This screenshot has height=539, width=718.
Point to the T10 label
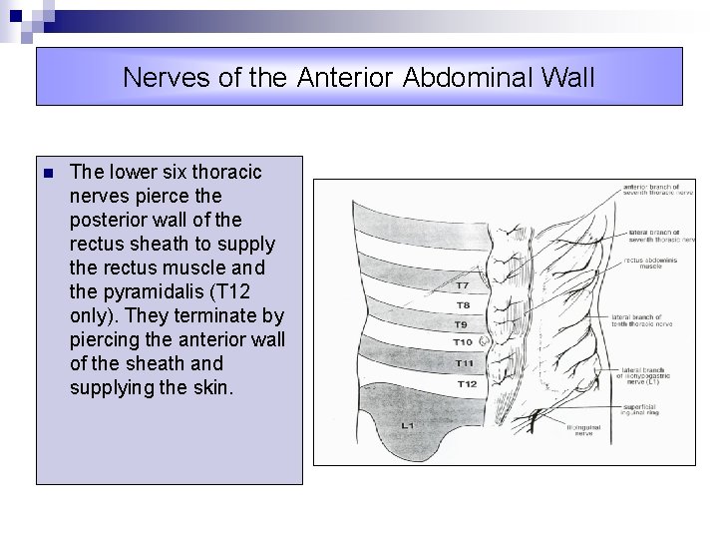pos(464,342)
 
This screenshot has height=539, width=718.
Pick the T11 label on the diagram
pos(465,363)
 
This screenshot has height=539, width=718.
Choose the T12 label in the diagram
pos(466,383)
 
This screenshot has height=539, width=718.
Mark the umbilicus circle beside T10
pos(484,341)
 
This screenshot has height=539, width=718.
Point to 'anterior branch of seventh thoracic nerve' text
pos(657,190)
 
